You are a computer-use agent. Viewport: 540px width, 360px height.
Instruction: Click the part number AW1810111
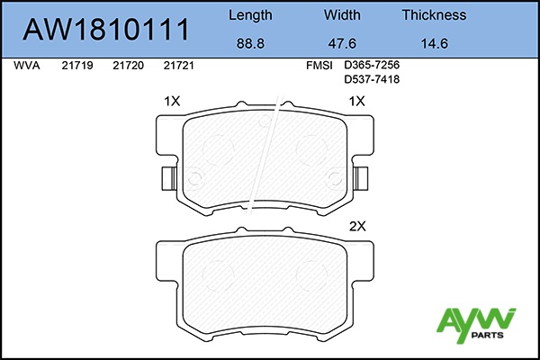106,30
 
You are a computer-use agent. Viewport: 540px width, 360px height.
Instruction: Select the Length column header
250,15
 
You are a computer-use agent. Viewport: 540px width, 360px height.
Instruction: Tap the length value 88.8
250,44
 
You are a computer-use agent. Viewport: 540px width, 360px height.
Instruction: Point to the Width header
342,14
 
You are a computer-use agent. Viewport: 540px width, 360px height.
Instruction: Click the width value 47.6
342,44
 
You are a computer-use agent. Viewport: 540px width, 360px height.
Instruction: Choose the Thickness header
435,14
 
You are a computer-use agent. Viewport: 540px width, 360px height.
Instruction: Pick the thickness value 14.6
435,44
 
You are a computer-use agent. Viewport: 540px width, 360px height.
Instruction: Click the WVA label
27,66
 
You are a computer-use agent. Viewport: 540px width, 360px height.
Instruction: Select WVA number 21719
77,66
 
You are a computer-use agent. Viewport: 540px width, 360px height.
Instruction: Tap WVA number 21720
128,66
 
